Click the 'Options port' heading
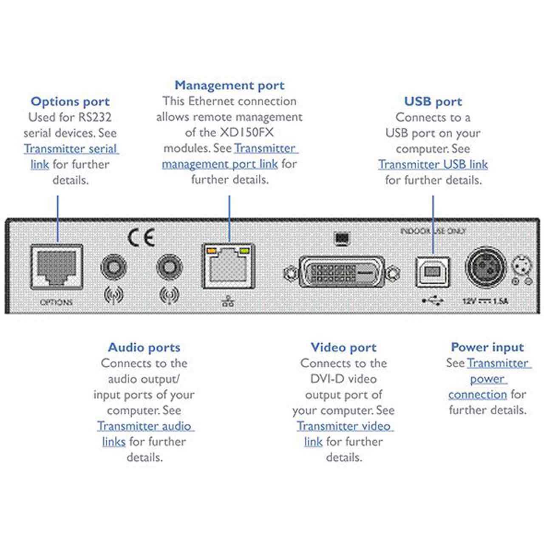[70, 102]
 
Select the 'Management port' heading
[229, 85]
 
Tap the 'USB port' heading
[433, 102]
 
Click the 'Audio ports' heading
[144, 348]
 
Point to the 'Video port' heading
[343, 348]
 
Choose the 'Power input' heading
[487, 347]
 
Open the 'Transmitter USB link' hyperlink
[433, 164]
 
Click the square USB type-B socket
[432, 272]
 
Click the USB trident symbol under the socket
[433, 301]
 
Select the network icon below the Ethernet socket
[228, 301]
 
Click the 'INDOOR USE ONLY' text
[433, 231]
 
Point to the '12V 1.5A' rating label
[485, 301]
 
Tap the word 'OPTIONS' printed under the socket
[56, 302]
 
